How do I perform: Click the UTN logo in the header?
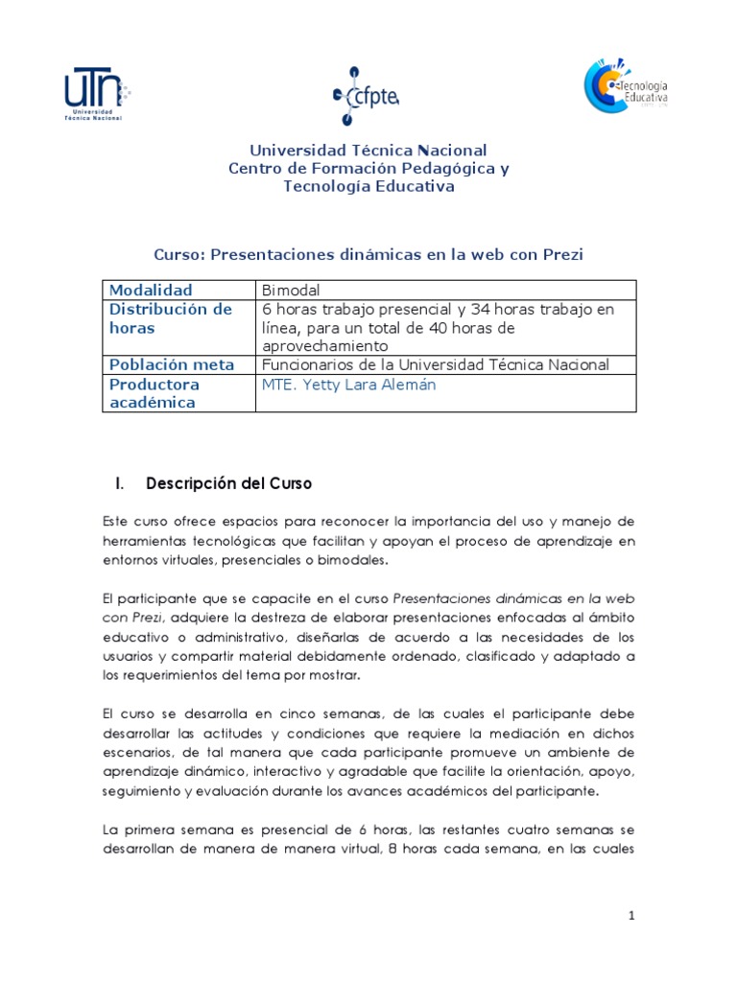tap(96, 94)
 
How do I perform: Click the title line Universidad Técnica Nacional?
tap(368, 151)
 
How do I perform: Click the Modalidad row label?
tap(151, 290)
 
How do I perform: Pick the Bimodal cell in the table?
tap(291, 290)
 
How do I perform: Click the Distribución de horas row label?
tap(170, 317)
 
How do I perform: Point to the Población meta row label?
tap(172, 364)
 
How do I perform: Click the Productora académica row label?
tap(155, 393)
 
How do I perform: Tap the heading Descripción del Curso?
tap(228, 484)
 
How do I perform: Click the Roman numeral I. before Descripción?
tap(120, 484)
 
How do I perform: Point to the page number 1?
tap(631, 916)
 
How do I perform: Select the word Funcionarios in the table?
tap(306, 364)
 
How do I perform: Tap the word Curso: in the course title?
tap(179, 254)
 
